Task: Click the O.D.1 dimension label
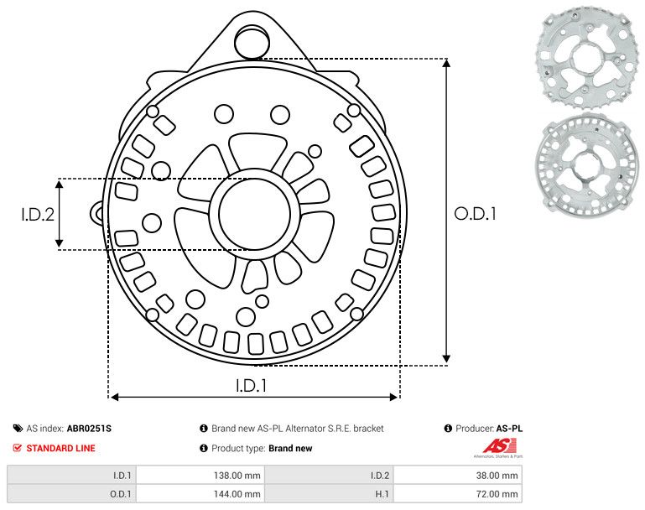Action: (x=475, y=214)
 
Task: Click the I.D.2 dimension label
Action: (x=38, y=215)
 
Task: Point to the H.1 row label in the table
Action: (x=379, y=494)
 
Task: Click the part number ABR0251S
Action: (x=89, y=429)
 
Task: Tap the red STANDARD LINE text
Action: (x=60, y=448)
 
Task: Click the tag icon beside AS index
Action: (x=18, y=429)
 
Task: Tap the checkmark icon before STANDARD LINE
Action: (x=18, y=448)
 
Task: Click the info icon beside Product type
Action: (x=204, y=448)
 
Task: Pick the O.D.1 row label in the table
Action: (x=122, y=494)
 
